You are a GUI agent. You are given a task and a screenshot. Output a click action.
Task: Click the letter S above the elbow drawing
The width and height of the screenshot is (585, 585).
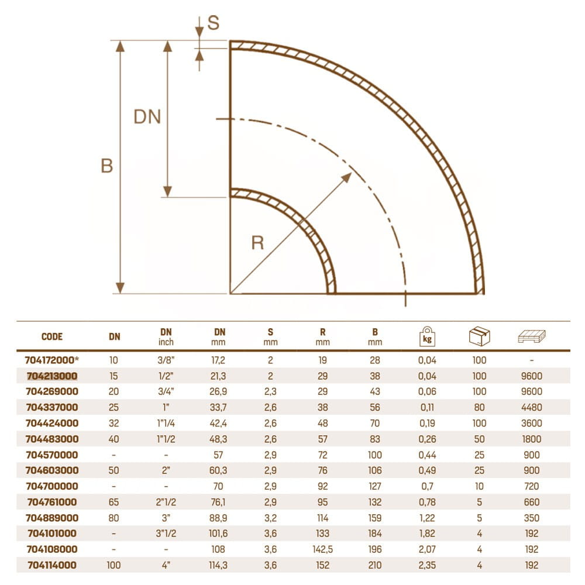(x=213, y=23)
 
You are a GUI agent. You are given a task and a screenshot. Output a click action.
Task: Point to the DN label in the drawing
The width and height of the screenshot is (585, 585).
(x=147, y=117)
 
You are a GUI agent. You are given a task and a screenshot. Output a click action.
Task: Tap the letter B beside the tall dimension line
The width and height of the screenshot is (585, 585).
(x=106, y=166)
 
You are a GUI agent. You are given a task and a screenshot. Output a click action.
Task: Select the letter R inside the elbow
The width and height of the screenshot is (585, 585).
(x=258, y=243)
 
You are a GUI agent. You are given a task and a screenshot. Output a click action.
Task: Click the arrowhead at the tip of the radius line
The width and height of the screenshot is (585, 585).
(x=347, y=177)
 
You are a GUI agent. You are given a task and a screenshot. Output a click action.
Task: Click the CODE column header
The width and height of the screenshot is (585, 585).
(x=52, y=336)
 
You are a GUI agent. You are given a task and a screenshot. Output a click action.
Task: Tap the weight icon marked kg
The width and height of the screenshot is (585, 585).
(x=427, y=336)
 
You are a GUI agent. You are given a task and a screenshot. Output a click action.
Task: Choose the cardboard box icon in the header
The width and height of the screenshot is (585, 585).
(x=480, y=336)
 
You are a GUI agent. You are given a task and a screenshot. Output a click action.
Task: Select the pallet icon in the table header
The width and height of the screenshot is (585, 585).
(x=532, y=336)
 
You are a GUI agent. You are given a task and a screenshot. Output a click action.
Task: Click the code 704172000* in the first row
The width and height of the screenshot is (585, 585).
(x=52, y=360)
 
